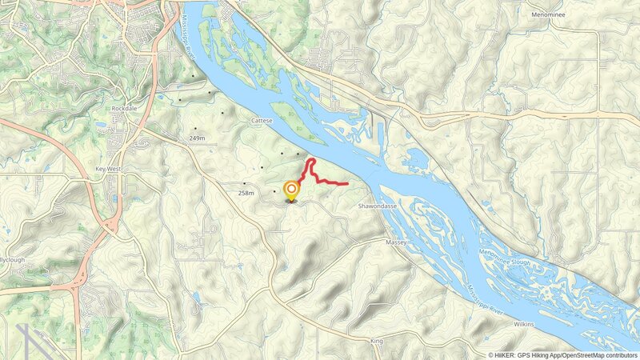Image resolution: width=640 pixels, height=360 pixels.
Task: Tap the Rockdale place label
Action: [x=126, y=108]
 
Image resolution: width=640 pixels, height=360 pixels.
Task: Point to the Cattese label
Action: [x=262, y=120]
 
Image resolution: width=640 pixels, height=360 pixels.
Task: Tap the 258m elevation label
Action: [x=246, y=193]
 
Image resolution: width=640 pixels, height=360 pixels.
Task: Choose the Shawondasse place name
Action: [x=376, y=206]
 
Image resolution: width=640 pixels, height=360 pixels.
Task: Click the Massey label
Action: [x=396, y=242]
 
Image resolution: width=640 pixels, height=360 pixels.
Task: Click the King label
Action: [x=377, y=342]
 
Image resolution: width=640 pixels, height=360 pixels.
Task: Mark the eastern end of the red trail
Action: [x=347, y=184]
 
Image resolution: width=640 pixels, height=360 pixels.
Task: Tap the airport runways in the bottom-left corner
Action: [x=32, y=340]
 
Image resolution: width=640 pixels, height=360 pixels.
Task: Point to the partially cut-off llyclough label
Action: [x=14, y=260]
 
